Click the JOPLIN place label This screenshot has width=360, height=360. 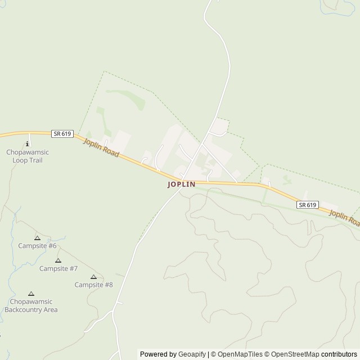(181, 184)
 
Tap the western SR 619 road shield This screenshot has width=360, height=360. (61, 133)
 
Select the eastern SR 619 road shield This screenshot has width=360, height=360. (308, 205)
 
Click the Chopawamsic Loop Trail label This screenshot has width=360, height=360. (28, 156)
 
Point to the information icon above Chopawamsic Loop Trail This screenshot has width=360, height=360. (28, 144)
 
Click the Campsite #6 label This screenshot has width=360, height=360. (37, 246)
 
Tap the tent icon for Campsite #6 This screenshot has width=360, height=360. (37, 238)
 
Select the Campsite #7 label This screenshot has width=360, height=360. (58, 268)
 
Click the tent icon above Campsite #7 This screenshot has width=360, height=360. (58, 260)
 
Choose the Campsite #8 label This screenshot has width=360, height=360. (94, 285)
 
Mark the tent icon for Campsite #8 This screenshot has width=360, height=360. (94, 277)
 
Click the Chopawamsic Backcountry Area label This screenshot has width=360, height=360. (31, 305)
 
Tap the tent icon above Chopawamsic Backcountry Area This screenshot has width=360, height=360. (31, 294)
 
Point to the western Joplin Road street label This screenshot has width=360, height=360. (101, 148)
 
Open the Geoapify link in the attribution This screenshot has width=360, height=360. (192, 354)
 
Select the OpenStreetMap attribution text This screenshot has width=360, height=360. (293, 354)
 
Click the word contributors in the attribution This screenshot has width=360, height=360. (339, 354)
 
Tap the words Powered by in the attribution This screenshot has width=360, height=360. (158, 354)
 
